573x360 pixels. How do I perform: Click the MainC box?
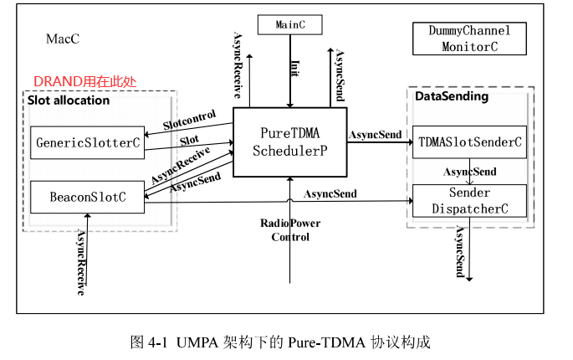coord(289,25)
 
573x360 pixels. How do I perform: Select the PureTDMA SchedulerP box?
coord(289,141)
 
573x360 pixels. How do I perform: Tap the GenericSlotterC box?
coord(87,142)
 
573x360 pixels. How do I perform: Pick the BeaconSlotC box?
coord(87,197)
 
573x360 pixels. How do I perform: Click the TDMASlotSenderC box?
coord(469,141)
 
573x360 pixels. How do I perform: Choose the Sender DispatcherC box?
coord(469,201)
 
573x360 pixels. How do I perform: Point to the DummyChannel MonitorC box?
coord(469,39)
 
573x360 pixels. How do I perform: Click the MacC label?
coord(63,39)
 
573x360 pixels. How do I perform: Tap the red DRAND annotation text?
coord(84,81)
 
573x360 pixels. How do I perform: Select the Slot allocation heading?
coord(69,100)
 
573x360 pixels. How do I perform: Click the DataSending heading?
coord(452,96)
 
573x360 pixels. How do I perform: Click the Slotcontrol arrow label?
coord(190,119)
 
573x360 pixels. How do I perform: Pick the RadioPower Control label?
coord(289,229)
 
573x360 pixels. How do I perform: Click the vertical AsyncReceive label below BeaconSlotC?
coord(81,262)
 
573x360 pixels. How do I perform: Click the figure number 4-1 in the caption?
coord(159,342)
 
